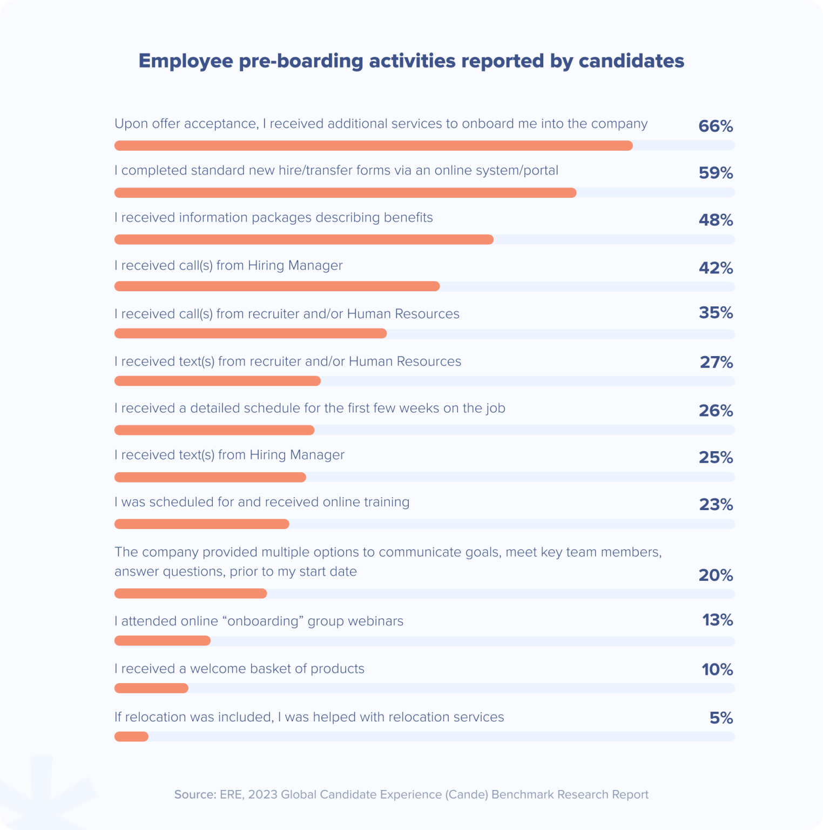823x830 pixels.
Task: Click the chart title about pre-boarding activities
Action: (411, 61)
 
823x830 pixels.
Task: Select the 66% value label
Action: (716, 126)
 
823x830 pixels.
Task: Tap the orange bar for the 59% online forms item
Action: (345, 193)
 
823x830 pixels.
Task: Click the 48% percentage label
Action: (716, 220)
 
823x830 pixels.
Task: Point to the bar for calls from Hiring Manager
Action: (277, 286)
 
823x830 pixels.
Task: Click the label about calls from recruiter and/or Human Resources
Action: (287, 314)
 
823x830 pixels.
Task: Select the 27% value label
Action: (716, 362)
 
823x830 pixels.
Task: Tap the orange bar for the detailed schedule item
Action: (214, 430)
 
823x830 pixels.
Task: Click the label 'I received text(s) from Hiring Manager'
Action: (230, 455)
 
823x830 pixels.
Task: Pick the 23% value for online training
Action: (716, 505)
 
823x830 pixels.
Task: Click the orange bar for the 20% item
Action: (191, 594)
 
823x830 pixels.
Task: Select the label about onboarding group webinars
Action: (259, 621)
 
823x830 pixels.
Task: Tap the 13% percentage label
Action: (717, 620)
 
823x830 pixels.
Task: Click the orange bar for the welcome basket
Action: (151, 688)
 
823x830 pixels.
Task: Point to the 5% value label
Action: (721, 718)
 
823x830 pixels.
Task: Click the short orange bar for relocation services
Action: (131, 737)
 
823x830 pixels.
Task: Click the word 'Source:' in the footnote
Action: (195, 794)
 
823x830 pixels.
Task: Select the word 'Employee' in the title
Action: (186, 61)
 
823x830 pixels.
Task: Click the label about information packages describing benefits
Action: (274, 218)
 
